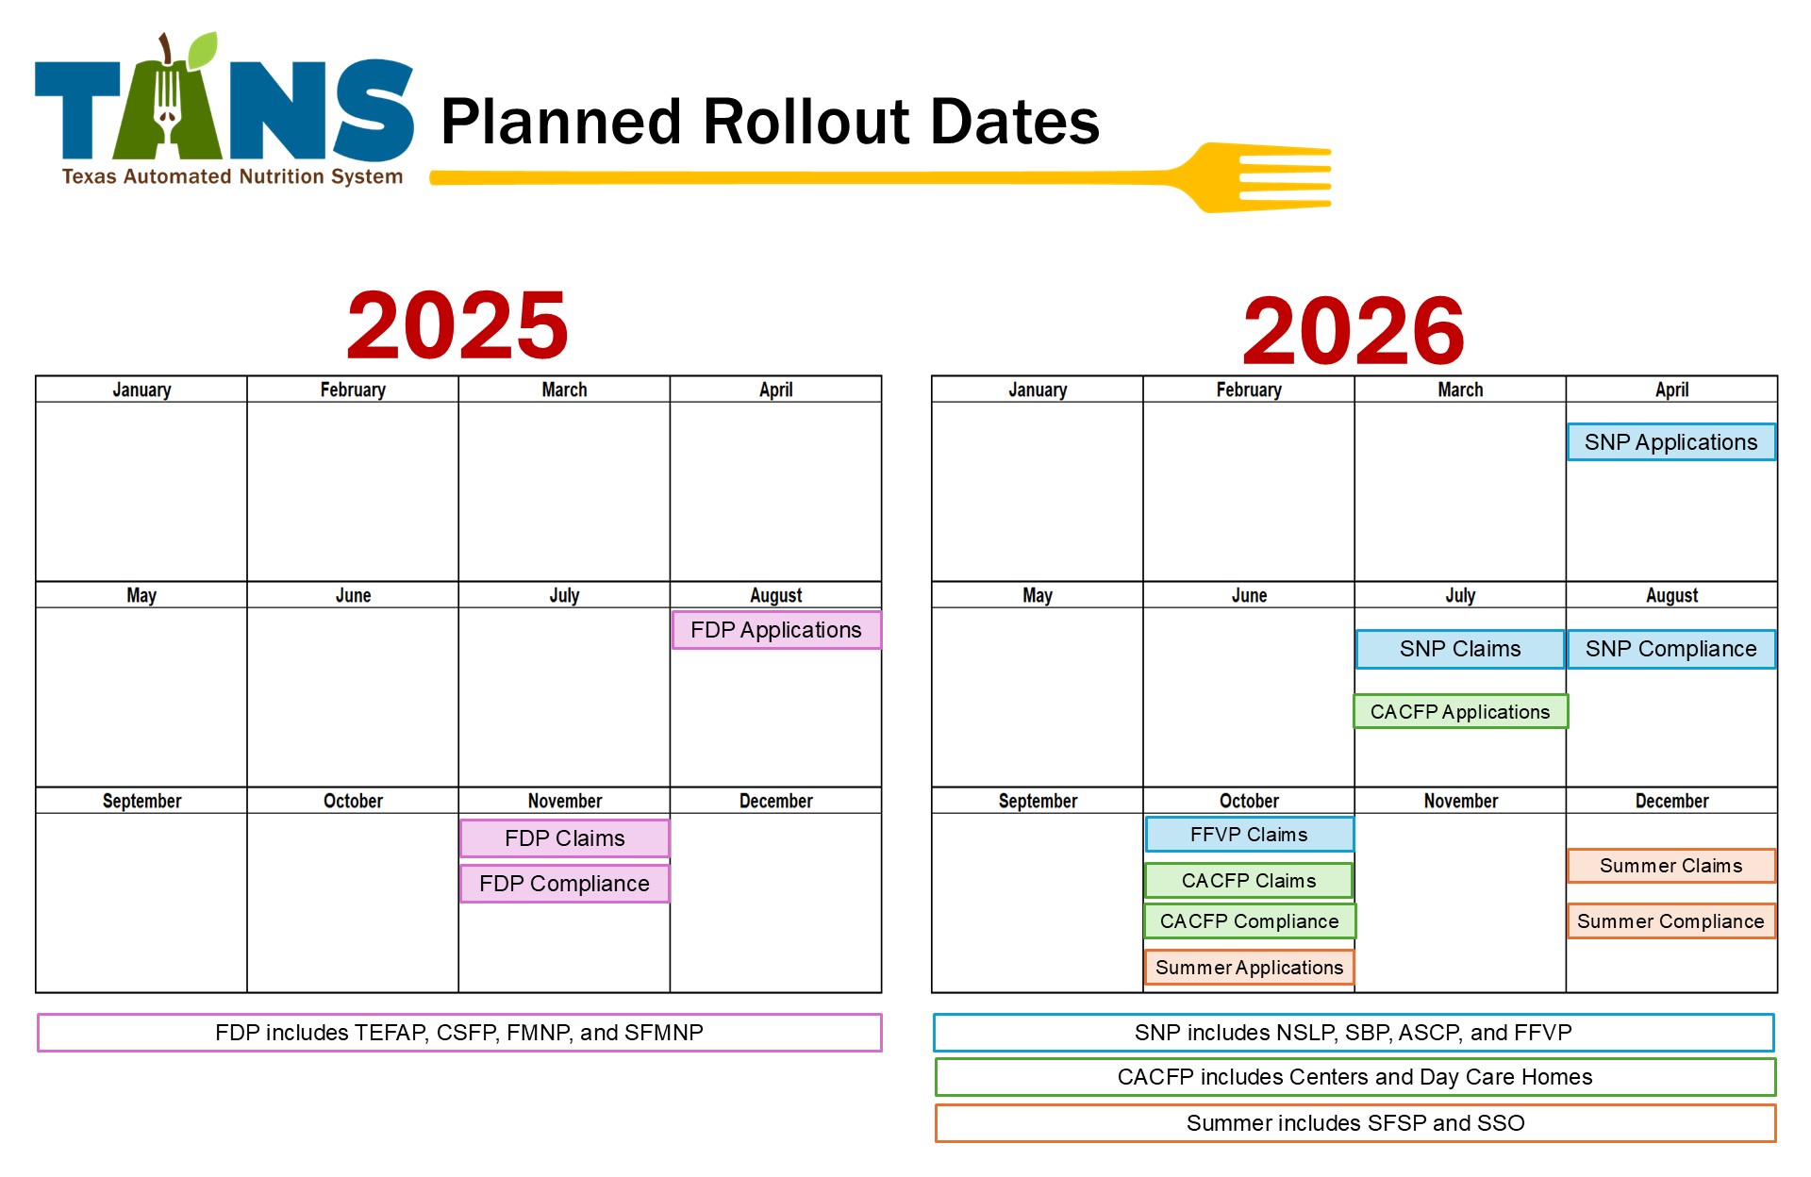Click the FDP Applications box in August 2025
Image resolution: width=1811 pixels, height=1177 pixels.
click(776, 630)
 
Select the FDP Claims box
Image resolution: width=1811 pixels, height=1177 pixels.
click(565, 838)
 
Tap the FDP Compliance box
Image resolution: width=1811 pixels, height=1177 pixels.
click(565, 884)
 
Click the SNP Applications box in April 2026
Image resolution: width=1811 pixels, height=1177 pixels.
click(1671, 442)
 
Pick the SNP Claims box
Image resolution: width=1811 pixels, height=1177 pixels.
click(1460, 649)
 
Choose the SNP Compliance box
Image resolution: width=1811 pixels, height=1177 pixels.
click(1671, 649)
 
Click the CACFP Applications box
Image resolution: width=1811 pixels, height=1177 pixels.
click(1460, 711)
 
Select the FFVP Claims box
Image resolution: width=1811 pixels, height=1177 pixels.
click(1250, 835)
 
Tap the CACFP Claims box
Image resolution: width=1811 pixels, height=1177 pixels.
click(1249, 881)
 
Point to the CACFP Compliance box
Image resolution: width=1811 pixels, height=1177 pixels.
click(1250, 921)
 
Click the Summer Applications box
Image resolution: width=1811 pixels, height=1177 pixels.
click(1250, 968)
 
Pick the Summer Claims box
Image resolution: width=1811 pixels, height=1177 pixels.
click(1671, 866)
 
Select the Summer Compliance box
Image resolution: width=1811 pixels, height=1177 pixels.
click(1671, 921)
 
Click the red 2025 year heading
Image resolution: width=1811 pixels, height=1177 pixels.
click(457, 325)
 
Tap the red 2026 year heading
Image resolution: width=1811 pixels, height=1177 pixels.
click(1354, 330)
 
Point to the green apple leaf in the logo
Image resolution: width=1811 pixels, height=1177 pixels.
click(202, 50)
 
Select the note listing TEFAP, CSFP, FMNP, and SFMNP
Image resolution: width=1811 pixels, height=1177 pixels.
click(459, 1033)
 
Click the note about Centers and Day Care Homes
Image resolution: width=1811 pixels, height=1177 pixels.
click(1355, 1077)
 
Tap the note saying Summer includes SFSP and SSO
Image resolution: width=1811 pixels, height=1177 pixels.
click(1355, 1123)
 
